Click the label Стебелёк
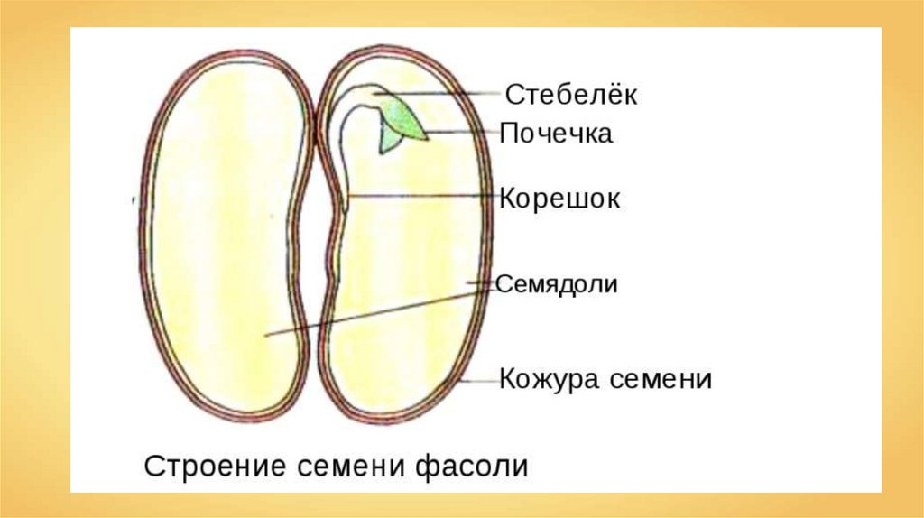[571, 94]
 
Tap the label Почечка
[556, 134]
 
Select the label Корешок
[559, 199]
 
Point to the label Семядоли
[558, 284]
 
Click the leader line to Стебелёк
[451, 92]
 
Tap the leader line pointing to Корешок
[424, 195]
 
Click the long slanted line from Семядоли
[379, 310]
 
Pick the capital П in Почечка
[510, 134]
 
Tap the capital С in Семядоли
[505, 284]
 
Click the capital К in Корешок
[508, 199]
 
